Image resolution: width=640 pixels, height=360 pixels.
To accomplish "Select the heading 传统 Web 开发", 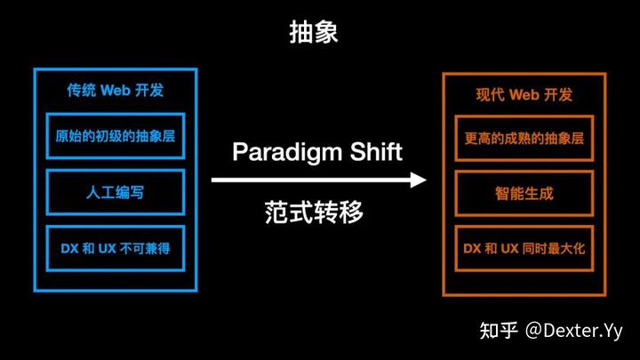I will (x=116, y=90).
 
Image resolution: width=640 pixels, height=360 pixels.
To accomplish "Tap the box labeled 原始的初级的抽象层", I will (x=116, y=138).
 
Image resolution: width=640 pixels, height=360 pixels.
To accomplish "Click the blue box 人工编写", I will (x=116, y=191).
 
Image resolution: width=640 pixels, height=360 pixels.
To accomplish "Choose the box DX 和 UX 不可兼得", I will (x=116, y=246).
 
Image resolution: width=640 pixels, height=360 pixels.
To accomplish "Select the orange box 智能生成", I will (x=524, y=191).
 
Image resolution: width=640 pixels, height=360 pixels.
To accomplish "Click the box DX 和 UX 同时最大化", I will (x=524, y=245).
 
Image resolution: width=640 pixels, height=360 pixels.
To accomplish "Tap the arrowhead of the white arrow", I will (x=419, y=180).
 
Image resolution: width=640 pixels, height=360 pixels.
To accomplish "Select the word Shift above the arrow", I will (x=373, y=151).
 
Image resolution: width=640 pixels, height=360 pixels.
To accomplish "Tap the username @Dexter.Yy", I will (x=576, y=331).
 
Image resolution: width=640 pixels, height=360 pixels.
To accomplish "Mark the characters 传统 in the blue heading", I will (x=82, y=90).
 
